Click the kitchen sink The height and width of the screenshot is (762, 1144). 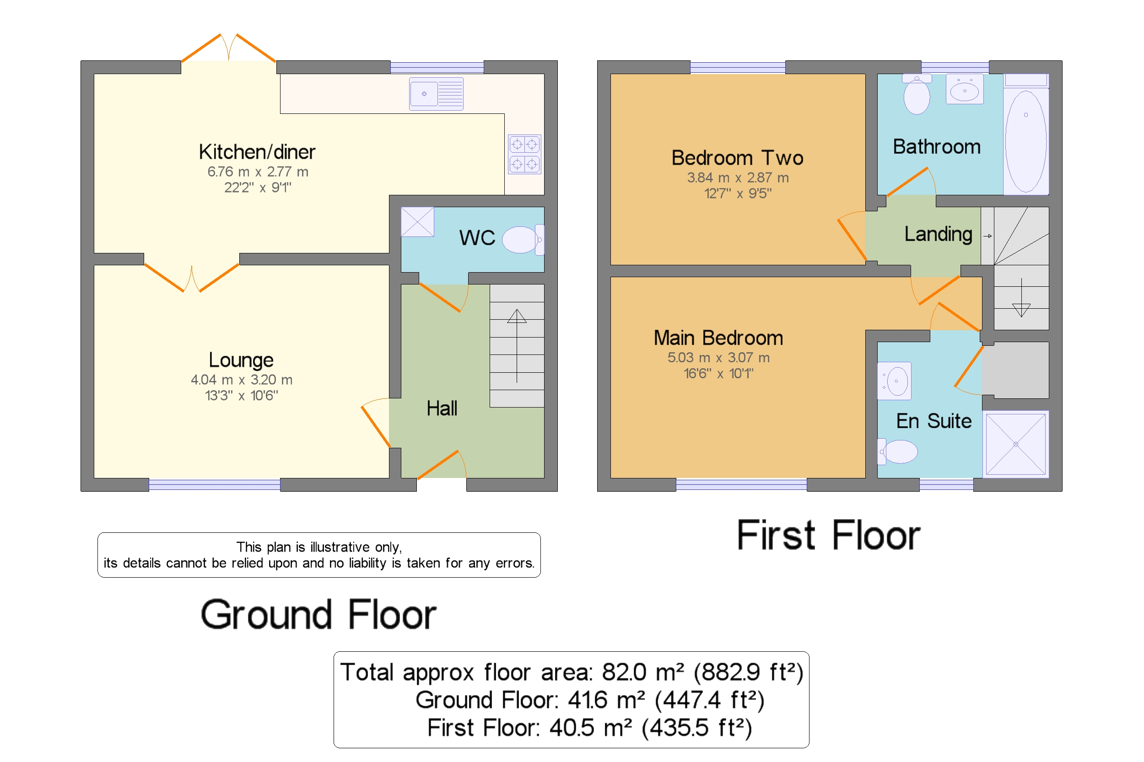click(x=436, y=94)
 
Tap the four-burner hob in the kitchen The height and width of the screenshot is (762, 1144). click(x=524, y=154)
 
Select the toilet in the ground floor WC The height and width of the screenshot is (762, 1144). click(x=523, y=240)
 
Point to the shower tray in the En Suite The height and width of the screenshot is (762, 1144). click(x=1015, y=444)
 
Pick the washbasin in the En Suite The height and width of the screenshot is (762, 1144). click(x=894, y=381)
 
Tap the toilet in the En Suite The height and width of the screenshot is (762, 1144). click(x=897, y=451)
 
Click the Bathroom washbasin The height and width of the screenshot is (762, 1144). click(x=964, y=89)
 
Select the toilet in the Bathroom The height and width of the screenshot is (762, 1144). click(x=917, y=94)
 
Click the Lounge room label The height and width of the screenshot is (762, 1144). click(x=241, y=360)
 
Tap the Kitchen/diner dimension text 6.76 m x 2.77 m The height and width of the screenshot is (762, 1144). click(x=258, y=172)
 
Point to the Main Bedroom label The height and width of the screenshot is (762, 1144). click(x=718, y=338)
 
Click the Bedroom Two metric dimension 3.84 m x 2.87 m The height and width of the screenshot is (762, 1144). click(x=738, y=177)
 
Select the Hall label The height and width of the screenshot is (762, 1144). click(x=442, y=408)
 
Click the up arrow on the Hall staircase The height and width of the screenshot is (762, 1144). click(x=517, y=345)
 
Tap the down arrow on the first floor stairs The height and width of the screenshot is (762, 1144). click(x=1021, y=297)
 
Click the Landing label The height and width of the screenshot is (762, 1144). click(x=938, y=234)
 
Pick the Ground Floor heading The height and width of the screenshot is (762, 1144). click(x=318, y=614)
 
